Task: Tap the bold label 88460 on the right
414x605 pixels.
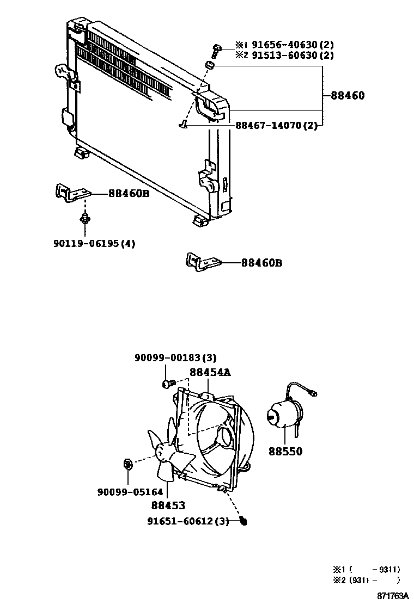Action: tap(348, 96)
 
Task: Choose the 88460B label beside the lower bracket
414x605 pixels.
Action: tap(262, 263)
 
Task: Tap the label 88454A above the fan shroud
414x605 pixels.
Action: tap(210, 372)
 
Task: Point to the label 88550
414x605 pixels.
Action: tap(285, 451)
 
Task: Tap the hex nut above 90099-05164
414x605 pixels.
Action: tap(127, 464)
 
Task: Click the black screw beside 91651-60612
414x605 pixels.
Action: tap(243, 522)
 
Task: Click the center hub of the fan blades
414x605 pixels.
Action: tap(161, 451)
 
